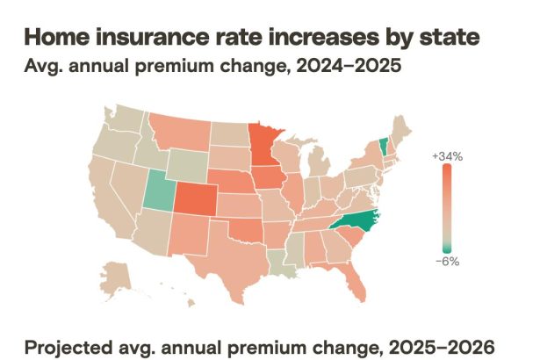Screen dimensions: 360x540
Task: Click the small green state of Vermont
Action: coord(384,144)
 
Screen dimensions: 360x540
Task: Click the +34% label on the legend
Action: coord(446,155)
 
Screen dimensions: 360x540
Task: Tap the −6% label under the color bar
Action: coord(446,261)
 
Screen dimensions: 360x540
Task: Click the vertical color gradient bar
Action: coord(447,207)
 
